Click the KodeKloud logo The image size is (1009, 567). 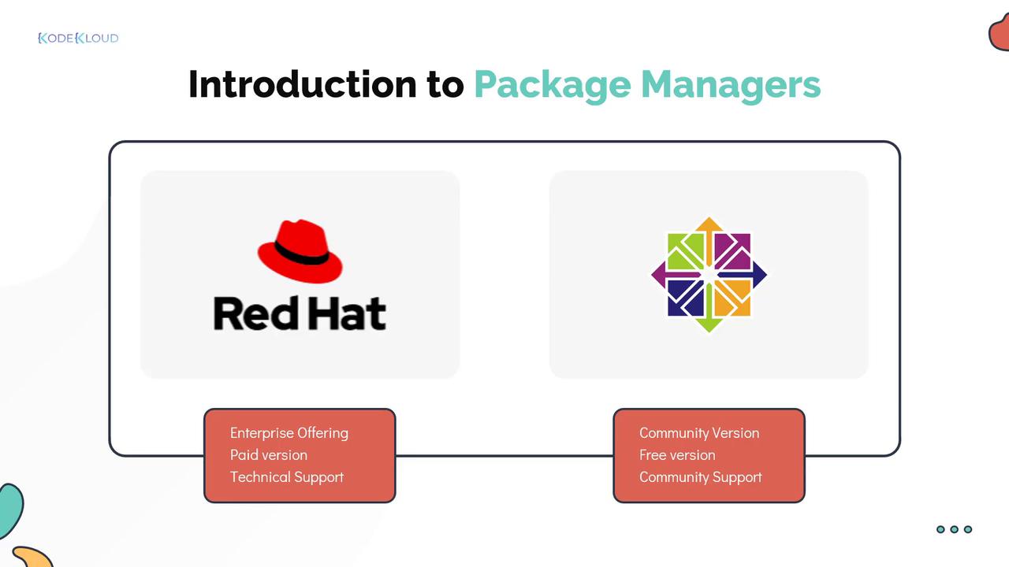click(x=78, y=38)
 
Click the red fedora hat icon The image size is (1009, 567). click(x=300, y=251)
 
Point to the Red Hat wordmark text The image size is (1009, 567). click(x=300, y=313)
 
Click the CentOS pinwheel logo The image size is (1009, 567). click(x=709, y=275)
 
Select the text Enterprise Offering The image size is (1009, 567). click(x=289, y=433)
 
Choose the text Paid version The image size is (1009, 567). click(x=269, y=455)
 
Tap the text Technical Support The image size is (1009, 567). click(x=287, y=477)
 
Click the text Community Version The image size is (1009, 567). click(x=699, y=433)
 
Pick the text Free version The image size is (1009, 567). click(x=677, y=455)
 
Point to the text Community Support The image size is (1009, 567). click(x=700, y=477)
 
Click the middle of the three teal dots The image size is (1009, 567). click(x=954, y=529)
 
